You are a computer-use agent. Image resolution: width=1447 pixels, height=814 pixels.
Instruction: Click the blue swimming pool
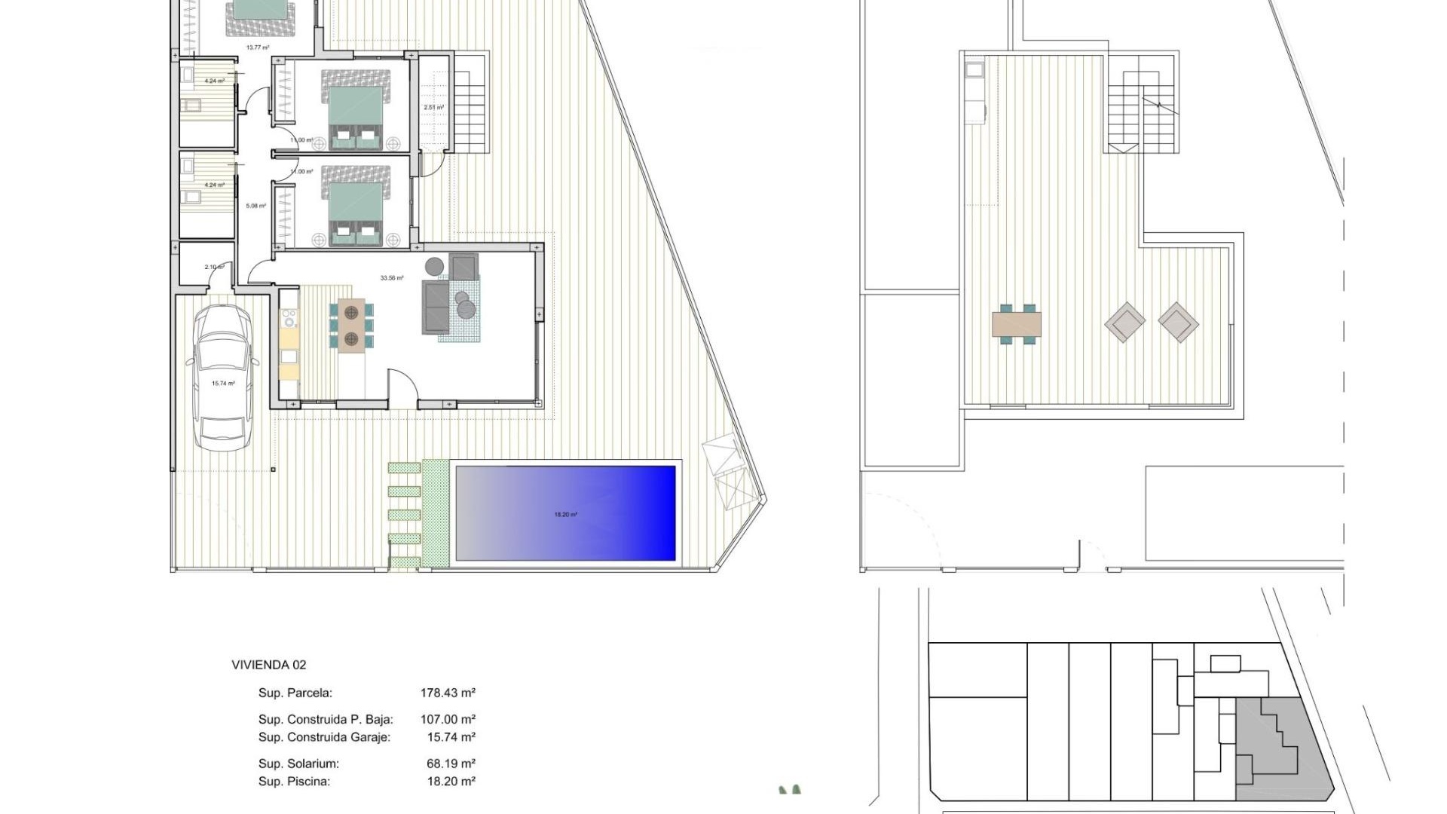point(565,513)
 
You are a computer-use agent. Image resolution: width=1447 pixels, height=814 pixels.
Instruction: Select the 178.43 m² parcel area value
point(448,693)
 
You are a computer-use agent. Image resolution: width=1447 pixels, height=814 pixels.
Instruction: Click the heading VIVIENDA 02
point(269,665)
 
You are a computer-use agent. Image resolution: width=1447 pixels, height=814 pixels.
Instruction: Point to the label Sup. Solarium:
point(298,764)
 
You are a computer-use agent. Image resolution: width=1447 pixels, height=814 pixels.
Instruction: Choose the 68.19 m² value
point(451,764)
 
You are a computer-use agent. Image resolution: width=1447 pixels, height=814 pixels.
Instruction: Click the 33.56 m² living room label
point(392,278)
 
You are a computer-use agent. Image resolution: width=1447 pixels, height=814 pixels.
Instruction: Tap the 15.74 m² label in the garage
point(223,384)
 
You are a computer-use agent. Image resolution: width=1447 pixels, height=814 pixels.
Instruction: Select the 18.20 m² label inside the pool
point(565,515)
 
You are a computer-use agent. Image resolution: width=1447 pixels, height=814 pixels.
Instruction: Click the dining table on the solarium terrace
point(1017,323)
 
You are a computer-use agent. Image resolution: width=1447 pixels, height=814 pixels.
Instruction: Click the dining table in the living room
point(351,325)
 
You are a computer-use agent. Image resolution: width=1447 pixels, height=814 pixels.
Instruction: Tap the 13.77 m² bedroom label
point(258,47)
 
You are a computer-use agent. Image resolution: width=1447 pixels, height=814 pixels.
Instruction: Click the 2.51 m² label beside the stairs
point(433,108)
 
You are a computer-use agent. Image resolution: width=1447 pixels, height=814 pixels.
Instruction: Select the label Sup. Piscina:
point(294,782)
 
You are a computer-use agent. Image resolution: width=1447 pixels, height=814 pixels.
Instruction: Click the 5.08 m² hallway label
point(256,206)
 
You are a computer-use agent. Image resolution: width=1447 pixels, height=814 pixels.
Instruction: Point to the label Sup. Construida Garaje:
point(324,737)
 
